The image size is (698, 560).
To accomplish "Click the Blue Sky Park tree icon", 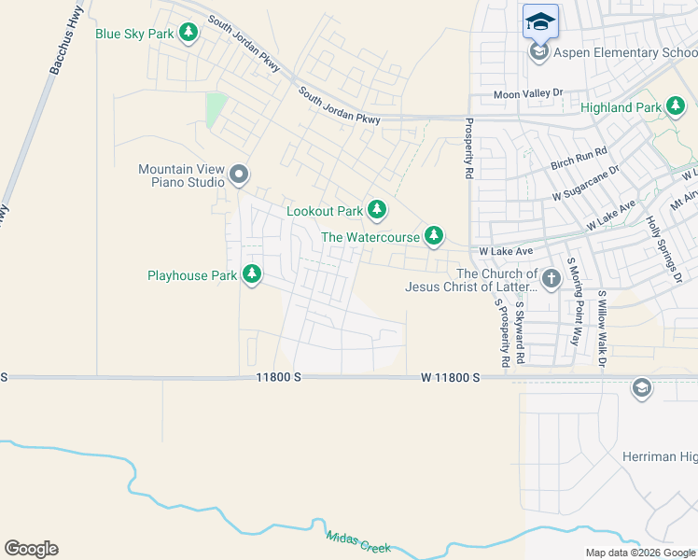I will click(x=189, y=34).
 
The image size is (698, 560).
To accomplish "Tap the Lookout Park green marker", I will click(x=376, y=210).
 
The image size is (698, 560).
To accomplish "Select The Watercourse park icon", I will click(x=433, y=236).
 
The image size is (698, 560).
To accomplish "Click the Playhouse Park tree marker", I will click(x=251, y=274).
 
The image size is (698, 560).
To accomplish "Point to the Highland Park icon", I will click(x=676, y=107).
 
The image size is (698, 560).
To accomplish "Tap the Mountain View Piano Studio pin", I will click(x=239, y=175).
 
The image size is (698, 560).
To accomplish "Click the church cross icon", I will click(x=551, y=277).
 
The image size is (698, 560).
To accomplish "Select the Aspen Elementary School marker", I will click(x=538, y=52).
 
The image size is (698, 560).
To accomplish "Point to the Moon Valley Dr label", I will click(x=529, y=94).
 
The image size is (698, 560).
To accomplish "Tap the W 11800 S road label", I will click(x=450, y=377).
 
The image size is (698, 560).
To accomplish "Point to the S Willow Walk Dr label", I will click(x=603, y=328).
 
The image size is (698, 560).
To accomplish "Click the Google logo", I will click(x=31, y=548).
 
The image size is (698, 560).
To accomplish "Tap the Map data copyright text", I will click(x=639, y=553).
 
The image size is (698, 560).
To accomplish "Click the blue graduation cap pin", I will click(x=540, y=21).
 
